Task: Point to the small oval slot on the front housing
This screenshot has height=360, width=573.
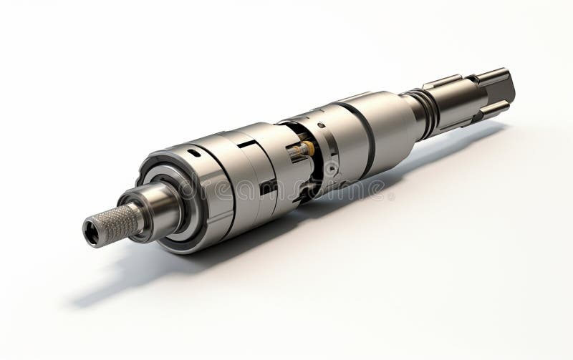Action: click(194, 152)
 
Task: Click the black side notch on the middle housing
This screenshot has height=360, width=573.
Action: click(269, 188)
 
